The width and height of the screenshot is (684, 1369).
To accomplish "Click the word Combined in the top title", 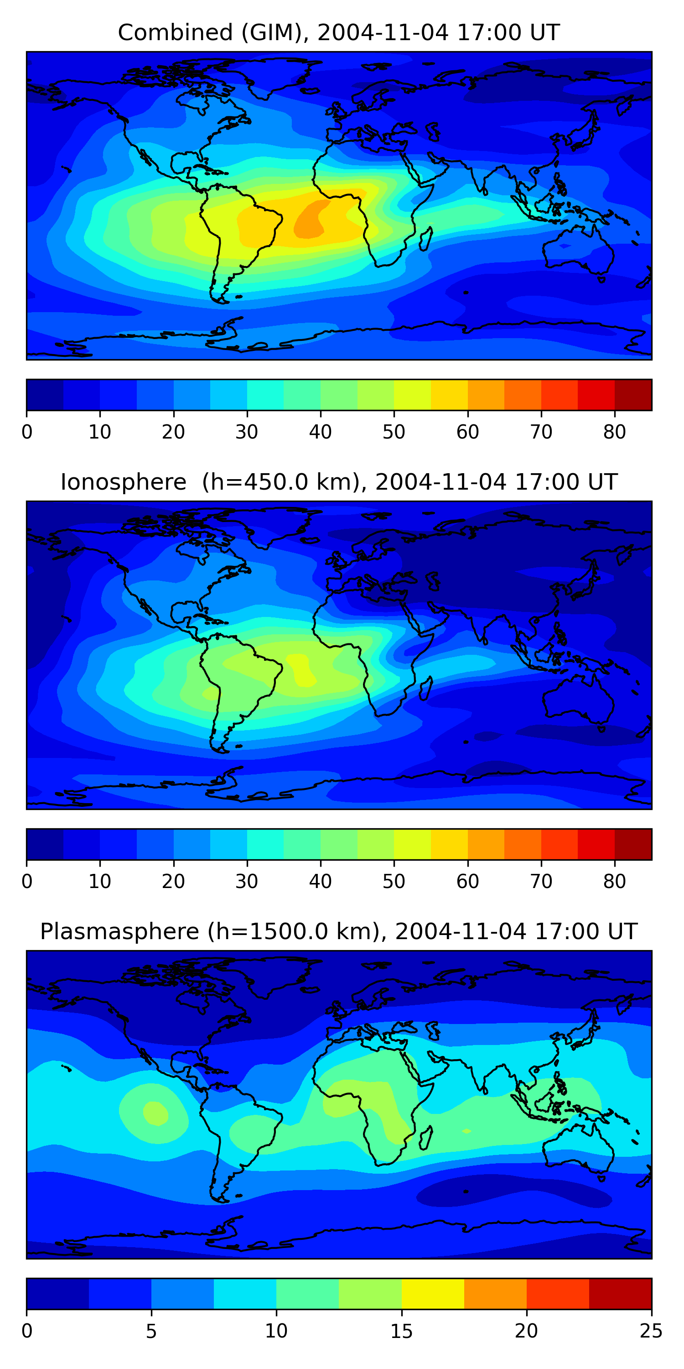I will pos(175,32).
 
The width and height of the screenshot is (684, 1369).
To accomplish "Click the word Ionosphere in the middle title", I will pos(123,482).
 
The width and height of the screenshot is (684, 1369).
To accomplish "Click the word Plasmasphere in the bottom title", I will pos(119,932).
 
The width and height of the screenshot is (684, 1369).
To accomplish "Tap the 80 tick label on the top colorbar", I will pos(614,432).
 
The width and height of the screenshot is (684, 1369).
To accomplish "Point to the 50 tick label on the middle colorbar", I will pos(394,882).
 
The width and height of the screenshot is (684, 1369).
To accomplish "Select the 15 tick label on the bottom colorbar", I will pos(401,1331).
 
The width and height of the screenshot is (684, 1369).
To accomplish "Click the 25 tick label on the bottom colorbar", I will pos(651,1331).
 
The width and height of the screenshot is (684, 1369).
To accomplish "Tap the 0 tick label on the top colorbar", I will pos(27,432).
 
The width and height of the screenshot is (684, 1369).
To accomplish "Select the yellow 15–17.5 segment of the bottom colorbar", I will pos(432,1294).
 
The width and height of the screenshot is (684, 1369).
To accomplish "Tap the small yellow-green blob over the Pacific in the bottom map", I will pos(155,1113).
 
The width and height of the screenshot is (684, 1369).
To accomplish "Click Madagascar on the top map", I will pos(426,239).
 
